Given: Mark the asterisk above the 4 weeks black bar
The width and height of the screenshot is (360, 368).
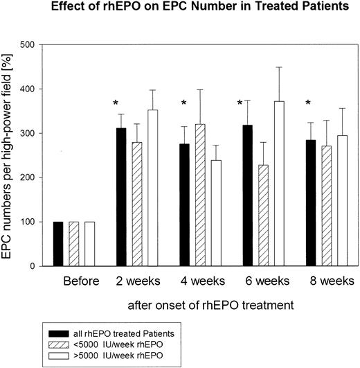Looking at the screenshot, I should click(184, 104).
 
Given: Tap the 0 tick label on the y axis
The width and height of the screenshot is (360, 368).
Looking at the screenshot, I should click(33, 266).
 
